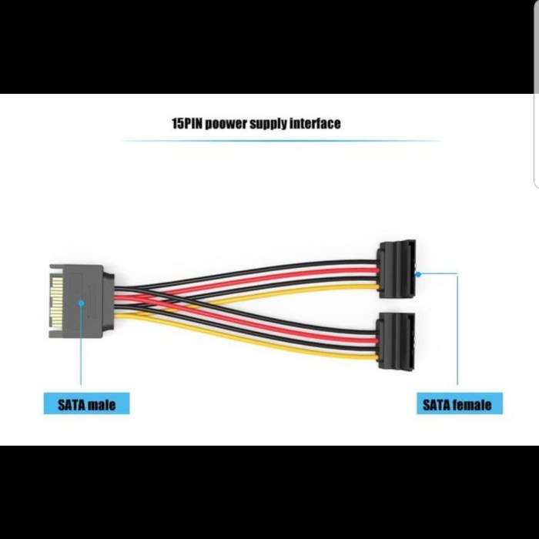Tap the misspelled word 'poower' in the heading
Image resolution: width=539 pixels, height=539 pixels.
pyautogui.click(x=229, y=123)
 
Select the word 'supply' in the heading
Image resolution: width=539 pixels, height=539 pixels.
pyautogui.click(x=269, y=123)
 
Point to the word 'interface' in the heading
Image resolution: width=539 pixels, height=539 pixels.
pyautogui.click(x=315, y=123)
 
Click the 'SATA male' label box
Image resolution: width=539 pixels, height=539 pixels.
pyautogui.click(x=86, y=403)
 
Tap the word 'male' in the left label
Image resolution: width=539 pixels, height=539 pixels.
pyautogui.click(x=101, y=403)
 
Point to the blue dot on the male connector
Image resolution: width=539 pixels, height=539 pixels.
pyautogui.click(x=81, y=303)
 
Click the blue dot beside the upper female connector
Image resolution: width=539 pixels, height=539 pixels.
pyautogui.click(x=417, y=273)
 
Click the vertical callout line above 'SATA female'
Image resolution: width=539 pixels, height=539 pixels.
pyautogui.click(x=457, y=331)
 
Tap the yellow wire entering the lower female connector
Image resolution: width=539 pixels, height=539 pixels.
pyautogui.click(x=362, y=355)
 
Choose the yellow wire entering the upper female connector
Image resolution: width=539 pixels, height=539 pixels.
pyautogui.click(x=362, y=288)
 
